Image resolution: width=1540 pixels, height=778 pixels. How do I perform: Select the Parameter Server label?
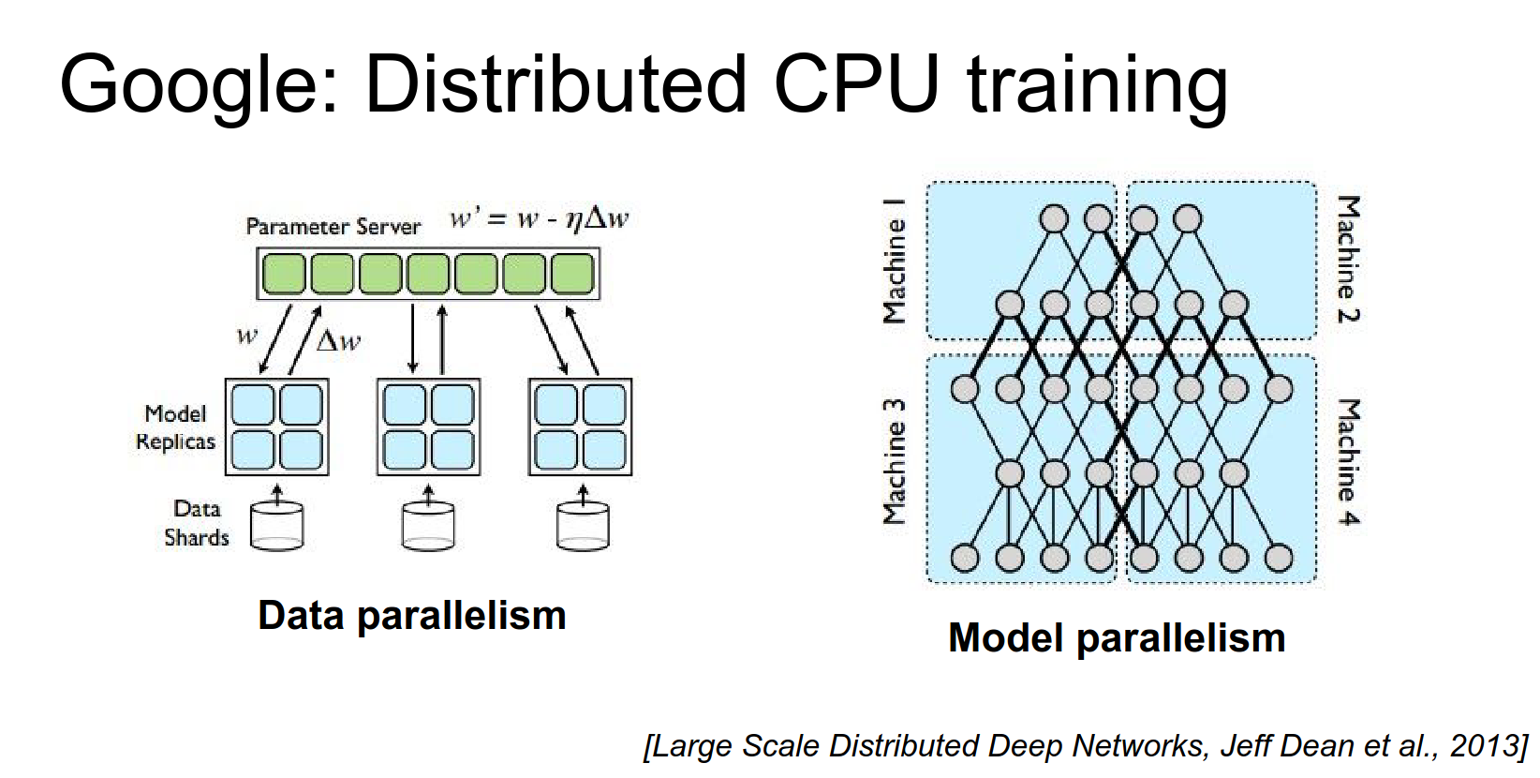(333, 226)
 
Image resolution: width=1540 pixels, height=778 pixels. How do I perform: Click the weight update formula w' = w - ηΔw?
(539, 219)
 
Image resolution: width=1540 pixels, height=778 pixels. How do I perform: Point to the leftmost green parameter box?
(284, 274)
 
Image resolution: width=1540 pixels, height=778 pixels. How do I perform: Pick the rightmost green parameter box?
(572, 274)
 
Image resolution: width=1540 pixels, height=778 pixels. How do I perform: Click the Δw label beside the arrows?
(338, 340)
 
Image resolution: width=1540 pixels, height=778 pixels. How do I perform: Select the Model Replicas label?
(175, 427)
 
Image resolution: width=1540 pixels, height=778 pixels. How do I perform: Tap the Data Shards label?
(197, 523)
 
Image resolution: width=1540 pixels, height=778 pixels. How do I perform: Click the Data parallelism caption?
(412, 616)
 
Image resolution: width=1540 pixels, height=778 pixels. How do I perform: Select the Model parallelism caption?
(1117, 638)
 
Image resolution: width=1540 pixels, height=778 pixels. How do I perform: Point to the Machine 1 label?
(895, 261)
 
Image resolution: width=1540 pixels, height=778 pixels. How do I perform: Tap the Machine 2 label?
(1347, 260)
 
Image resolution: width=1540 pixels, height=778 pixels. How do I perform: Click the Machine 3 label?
(895, 461)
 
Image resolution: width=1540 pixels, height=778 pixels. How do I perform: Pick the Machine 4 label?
(1347, 462)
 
